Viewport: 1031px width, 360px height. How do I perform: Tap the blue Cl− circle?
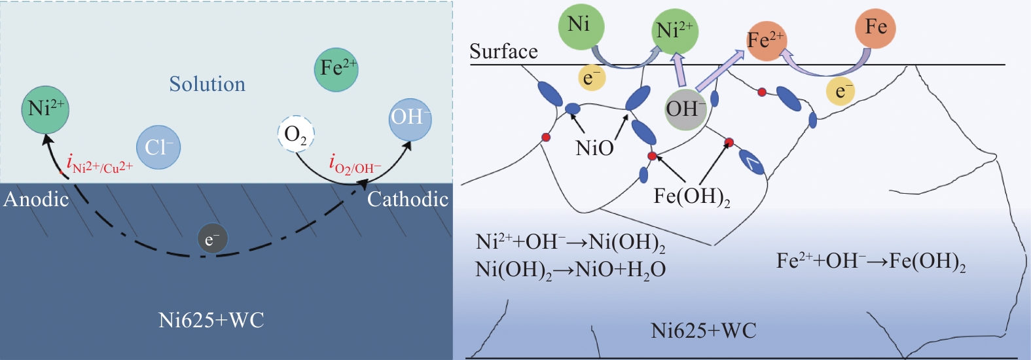pos(158,147)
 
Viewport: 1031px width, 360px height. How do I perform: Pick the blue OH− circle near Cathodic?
pos(410,119)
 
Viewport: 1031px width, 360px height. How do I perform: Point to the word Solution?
pos(207,84)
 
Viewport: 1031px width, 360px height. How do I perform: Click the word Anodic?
pos(36,200)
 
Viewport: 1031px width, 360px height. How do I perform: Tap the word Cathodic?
pos(407,200)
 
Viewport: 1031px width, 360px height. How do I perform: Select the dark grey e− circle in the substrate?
pos(213,240)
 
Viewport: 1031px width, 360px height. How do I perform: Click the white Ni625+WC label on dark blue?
pos(211,320)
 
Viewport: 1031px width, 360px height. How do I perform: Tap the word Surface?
pos(503,52)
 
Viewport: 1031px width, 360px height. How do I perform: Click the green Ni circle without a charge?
pos(581,26)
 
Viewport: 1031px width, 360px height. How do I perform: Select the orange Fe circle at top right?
pos(875,28)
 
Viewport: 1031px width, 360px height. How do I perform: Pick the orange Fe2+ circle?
pos(766,41)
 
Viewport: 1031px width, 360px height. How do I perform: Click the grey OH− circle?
pos(685,109)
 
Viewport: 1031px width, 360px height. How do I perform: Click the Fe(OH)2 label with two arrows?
pos(691,197)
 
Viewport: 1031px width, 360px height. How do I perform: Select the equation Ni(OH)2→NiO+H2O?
pos(570,270)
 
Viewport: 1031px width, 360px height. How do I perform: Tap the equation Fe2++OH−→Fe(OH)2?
pos(871,262)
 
